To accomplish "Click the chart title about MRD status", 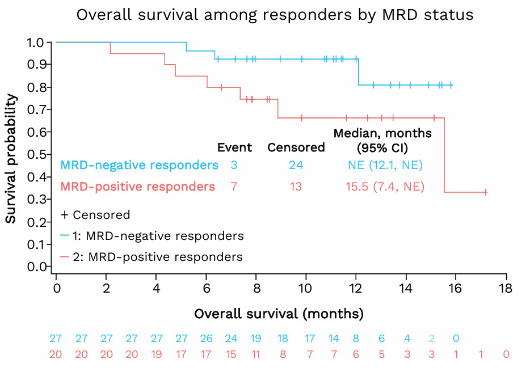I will (275, 15).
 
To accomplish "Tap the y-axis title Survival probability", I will (11, 158).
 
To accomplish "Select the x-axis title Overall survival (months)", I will (279, 314).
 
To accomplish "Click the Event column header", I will (234, 148).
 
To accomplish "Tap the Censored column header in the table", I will (296, 148).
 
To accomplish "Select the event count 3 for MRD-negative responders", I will (234, 166).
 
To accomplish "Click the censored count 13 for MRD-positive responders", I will (296, 187).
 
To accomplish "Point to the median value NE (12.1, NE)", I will (385, 166).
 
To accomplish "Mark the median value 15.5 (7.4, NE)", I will (385, 187).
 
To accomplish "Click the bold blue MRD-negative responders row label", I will (139, 166).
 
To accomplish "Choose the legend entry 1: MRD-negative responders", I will (152, 236).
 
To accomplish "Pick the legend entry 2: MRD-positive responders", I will (152, 257).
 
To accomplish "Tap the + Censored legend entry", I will (95, 215).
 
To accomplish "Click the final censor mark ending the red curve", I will (486, 192).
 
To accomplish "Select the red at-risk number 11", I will (256, 354).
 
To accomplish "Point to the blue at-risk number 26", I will (206, 339).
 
